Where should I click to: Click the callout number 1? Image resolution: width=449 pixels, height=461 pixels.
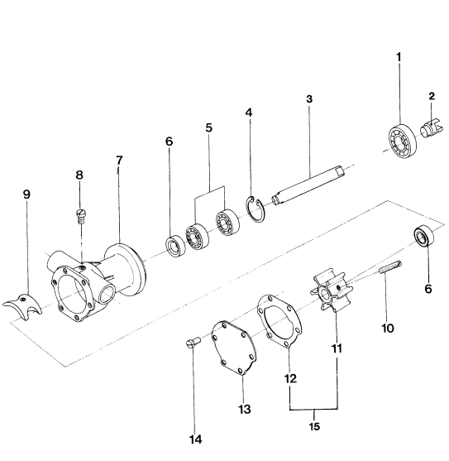[x=399, y=57]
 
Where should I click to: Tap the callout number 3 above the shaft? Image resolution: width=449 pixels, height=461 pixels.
[x=309, y=99]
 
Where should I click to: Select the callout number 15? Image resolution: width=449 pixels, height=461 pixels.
[x=314, y=426]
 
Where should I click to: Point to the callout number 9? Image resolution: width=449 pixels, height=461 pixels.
[x=26, y=194]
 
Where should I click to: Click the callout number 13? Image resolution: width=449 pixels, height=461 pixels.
[x=245, y=409]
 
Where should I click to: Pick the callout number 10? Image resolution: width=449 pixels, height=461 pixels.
[x=388, y=328]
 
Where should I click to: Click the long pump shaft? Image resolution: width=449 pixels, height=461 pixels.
[x=308, y=185]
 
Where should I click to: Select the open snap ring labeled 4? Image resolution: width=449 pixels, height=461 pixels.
[x=256, y=209]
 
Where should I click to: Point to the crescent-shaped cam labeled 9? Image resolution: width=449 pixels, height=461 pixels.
[x=23, y=306]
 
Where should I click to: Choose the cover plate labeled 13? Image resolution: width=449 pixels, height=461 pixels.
[x=234, y=348]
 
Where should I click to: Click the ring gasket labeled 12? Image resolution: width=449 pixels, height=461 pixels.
[x=279, y=321]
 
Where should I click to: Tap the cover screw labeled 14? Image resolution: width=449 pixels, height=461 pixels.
[x=193, y=343]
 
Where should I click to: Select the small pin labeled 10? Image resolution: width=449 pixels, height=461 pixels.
[x=390, y=267]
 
